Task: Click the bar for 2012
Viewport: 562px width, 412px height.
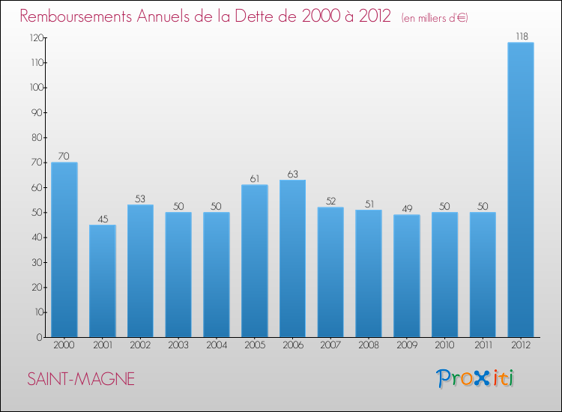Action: (x=521, y=190)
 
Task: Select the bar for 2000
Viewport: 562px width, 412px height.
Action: (x=64, y=249)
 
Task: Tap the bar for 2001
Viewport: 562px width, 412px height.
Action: (x=103, y=281)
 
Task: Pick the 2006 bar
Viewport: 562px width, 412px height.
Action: (x=292, y=258)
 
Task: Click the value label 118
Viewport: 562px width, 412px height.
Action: (x=521, y=36)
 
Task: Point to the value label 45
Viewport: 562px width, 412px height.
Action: (x=103, y=219)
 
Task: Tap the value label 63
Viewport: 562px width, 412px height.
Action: (x=292, y=174)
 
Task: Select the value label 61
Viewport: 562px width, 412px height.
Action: (x=255, y=179)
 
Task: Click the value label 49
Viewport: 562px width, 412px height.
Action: (x=406, y=209)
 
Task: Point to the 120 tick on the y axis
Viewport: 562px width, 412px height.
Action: (x=34, y=37)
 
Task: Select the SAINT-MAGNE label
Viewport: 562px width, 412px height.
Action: (x=81, y=379)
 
